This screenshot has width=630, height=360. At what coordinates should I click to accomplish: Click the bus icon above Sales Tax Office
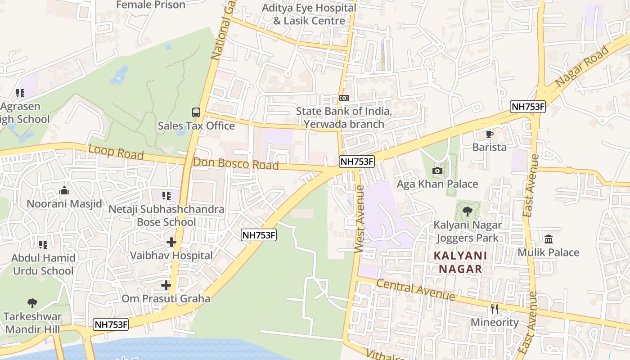pos(196,112)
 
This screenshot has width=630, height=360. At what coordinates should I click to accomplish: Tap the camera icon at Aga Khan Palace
pos(437,171)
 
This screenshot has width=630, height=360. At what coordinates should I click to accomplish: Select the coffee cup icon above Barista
pos(489,134)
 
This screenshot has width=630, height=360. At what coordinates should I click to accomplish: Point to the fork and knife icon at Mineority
pos(495,309)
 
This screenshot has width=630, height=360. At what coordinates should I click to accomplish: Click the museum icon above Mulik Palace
pos(548,239)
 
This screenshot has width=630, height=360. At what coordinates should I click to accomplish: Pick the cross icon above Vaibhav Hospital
pos(171,242)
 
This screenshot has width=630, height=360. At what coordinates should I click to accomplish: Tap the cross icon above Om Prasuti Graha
pos(166,285)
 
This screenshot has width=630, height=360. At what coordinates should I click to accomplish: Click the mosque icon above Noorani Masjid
pos(64,191)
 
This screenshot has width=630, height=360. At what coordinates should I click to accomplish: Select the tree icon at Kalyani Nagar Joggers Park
pos(468,211)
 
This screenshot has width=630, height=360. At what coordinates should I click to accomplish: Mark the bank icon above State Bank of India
pos(344,98)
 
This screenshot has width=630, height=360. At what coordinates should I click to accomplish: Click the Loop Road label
pos(116,152)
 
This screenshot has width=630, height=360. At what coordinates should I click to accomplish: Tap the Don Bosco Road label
pos(236,163)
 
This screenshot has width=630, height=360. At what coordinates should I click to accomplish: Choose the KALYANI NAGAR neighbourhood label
pos(458,262)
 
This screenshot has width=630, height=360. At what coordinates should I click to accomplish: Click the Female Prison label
pos(151,5)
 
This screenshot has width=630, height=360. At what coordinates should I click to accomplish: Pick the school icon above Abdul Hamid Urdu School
pos(43,245)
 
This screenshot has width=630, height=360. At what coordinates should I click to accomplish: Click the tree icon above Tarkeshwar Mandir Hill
pos(32,303)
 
